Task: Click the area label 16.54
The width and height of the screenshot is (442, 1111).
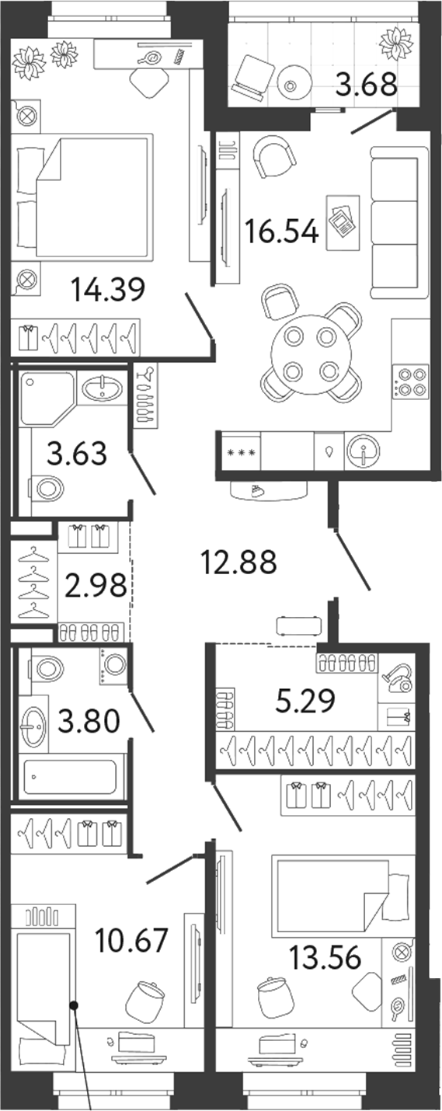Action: [282, 232]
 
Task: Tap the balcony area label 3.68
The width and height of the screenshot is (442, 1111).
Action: [367, 85]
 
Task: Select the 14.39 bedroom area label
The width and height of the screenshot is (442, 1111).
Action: [108, 290]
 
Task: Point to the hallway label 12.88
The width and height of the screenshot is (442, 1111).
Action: [239, 562]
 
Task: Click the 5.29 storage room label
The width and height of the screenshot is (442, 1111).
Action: [305, 701]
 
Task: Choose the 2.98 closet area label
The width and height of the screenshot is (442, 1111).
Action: [96, 587]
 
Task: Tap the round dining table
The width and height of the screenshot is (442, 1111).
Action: [311, 354]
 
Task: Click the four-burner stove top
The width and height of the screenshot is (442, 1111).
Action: [410, 381]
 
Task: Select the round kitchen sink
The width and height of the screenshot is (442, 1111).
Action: [363, 452]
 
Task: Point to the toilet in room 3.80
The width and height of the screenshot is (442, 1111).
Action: [47, 669]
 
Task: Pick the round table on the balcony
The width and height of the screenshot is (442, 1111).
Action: [290, 85]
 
